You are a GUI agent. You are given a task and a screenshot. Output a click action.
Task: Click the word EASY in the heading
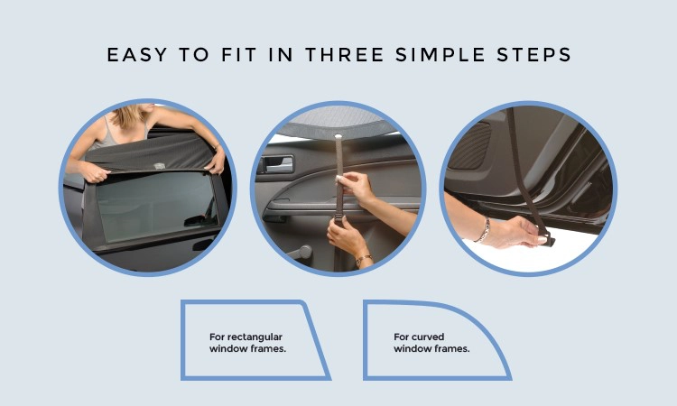[x=137, y=55]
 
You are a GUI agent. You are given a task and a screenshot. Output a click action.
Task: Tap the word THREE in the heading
[x=345, y=55]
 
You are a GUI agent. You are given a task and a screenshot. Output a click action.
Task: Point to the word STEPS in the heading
[x=533, y=55]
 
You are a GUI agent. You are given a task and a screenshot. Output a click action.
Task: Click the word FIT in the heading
[x=239, y=55]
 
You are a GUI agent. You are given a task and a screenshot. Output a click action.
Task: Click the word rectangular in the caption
[x=255, y=337]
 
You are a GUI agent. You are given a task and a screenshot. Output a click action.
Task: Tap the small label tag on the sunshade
[x=159, y=166]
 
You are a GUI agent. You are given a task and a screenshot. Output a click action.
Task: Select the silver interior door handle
[x=278, y=163]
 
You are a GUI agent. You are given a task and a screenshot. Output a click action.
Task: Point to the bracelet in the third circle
[x=484, y=230]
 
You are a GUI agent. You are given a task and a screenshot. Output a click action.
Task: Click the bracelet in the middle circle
[x=364, y=259]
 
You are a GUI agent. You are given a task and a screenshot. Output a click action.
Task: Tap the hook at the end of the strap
[x=548, y=239]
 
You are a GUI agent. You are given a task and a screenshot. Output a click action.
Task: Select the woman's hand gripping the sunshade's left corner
[x=94, y=171]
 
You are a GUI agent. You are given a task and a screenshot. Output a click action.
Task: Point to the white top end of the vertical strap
[x=338, y=137]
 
